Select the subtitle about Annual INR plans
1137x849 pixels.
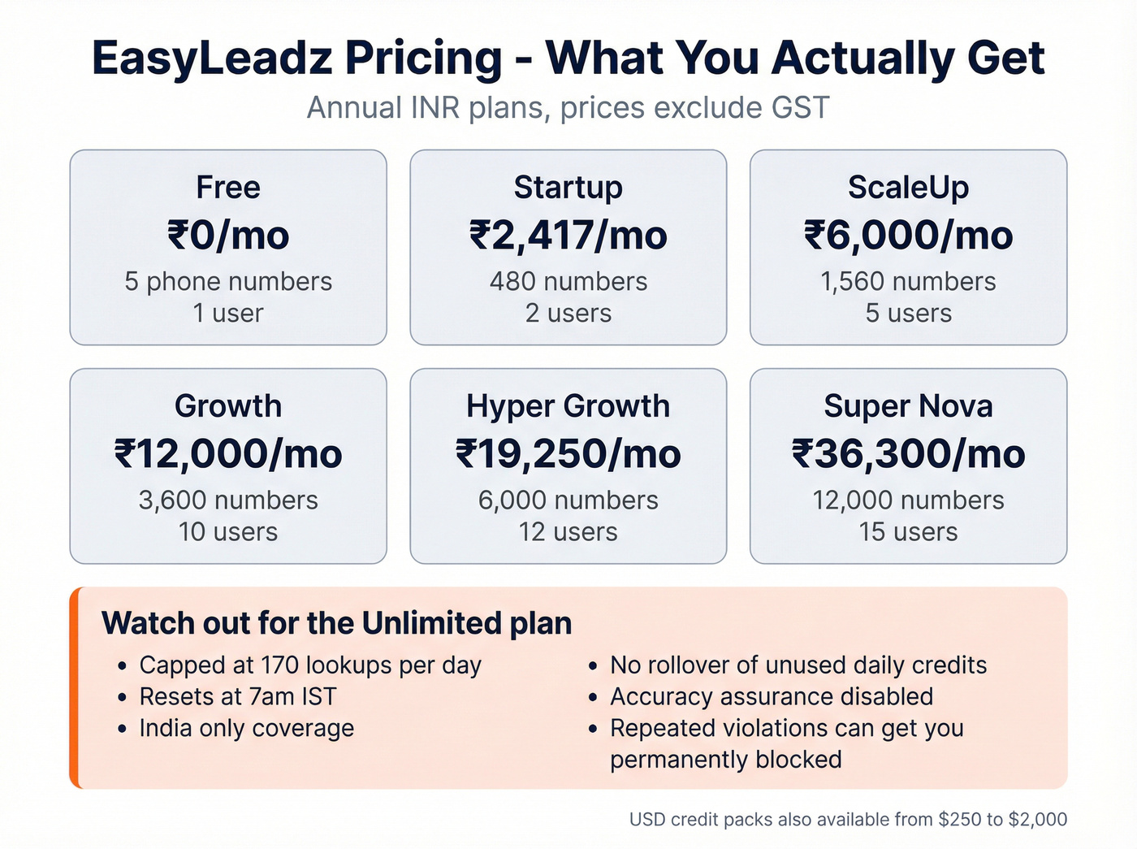click(x=568, y=108)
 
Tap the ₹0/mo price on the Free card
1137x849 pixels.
click(x=228, y=236)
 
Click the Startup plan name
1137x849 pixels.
click(x=568, y=188)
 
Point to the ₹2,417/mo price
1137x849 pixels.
click(x=568, y=236)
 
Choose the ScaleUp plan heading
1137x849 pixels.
click(x=908, y=188)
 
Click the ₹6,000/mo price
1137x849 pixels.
click(x=908, y=236)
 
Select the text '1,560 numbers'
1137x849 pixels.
click(x=908, y=282)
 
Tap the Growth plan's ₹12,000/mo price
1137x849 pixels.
click(x=228, y=454)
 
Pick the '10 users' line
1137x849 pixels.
click(x=228, y=532)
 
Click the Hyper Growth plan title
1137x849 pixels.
click(x=568, y=406)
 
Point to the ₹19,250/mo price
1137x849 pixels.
click(x=568, y=454)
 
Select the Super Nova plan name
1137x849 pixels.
click(x=908, y=406)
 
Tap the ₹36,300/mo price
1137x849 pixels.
click(x=908, y=454)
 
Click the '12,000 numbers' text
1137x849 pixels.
click(x=908, y=500)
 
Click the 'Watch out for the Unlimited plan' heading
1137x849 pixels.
click(x=336, y=624)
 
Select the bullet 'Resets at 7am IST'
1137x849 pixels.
click(x=237, y=697)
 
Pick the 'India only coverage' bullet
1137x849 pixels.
click(x=246, y=729)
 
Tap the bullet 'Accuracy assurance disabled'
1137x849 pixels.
click(x=771, y=697)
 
